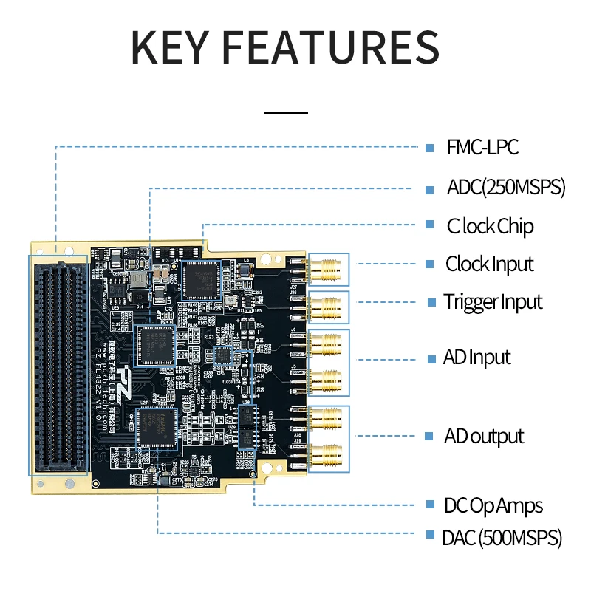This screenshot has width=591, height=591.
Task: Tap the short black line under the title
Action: [x=286, y=113]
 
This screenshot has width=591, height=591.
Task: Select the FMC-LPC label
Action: [x=482, y=147]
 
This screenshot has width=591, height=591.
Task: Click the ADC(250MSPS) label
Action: [x=506, y=187]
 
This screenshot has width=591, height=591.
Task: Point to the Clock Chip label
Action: [x=490, y=225]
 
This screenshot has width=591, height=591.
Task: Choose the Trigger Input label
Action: [x=493, y=301]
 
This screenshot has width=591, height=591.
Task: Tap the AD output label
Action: [x=484, y=436]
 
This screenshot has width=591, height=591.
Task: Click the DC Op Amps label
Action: [x=493, y=506]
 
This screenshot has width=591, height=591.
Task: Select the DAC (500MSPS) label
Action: [x=502, y=537]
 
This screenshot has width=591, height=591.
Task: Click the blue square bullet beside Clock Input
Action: [x=429, y=264]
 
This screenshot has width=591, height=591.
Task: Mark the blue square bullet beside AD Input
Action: [x=430, y=358]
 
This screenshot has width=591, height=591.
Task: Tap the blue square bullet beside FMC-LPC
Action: [x=429, y=147]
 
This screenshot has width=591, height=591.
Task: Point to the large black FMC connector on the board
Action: [x=58, y=365]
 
